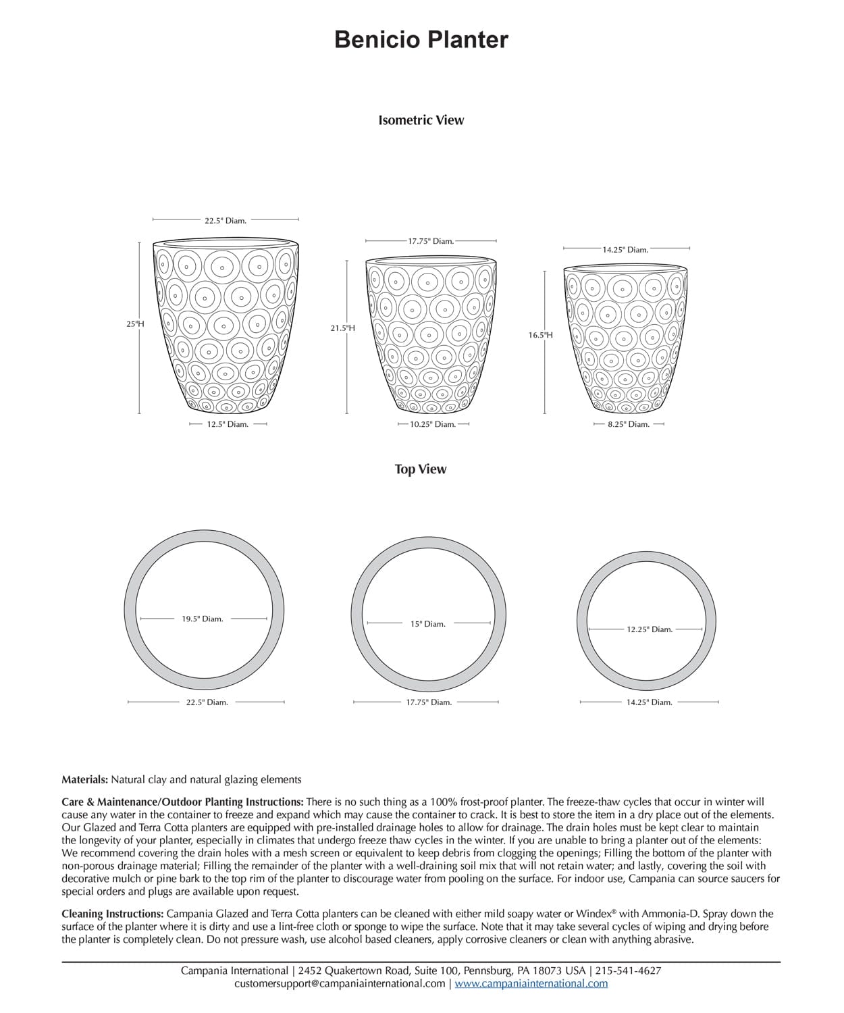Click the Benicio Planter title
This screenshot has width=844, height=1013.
421,40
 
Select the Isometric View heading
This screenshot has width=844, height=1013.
421,120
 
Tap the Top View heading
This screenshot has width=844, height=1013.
421,469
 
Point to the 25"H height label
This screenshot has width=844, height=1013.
135,324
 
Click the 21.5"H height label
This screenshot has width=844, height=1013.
342,328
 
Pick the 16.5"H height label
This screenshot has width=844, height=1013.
540,335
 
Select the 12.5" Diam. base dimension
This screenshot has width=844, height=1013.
228,425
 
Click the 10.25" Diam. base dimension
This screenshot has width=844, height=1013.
433,425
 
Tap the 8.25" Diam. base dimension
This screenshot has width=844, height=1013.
629,425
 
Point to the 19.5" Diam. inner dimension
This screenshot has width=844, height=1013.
202,619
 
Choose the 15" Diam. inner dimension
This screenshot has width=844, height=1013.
428,624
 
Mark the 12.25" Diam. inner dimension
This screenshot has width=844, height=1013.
650,629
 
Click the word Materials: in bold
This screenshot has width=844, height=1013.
84,779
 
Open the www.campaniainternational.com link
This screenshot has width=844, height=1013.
531,983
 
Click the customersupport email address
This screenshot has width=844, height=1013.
340,983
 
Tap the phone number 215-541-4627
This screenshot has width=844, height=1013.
628,970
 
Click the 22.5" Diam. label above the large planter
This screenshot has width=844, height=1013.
226,221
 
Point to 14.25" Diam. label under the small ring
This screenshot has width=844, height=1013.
649,702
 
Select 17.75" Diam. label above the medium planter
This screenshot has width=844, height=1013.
431,241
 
